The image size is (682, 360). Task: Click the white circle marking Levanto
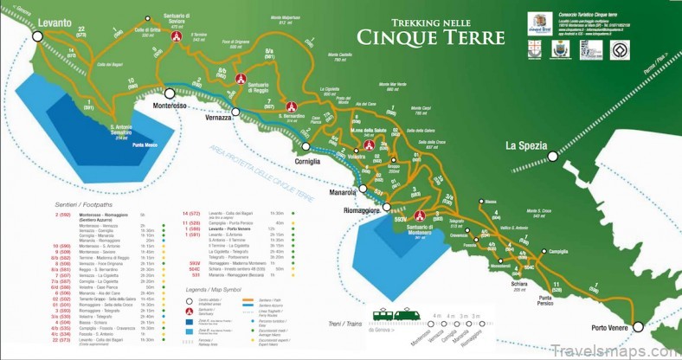click(37, 35)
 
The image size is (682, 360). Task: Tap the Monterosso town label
click(170, 105)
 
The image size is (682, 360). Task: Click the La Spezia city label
click(525, 145)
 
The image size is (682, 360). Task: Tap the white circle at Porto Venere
click(638, 326)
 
